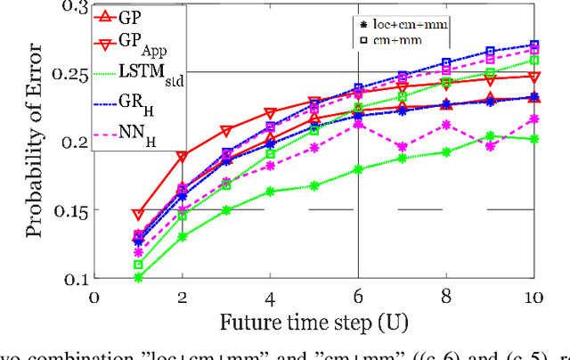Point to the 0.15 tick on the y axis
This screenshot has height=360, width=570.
click(69, 211)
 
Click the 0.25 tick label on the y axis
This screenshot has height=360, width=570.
click(69, 75)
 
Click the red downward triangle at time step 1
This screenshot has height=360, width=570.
click(138, 215)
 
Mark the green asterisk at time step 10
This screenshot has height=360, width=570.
click(534, 138)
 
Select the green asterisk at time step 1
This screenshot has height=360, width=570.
click(138, 278)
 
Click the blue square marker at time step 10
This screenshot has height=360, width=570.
click(534, 45)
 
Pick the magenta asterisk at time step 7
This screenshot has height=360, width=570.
click(403, 147)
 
